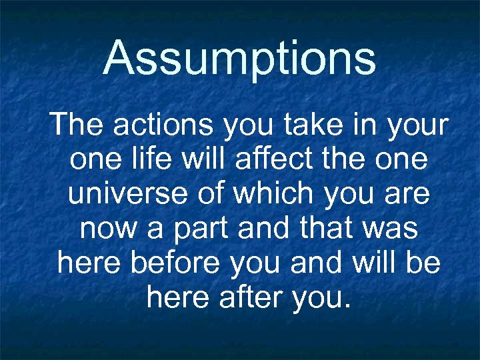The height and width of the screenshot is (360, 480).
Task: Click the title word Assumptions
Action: tap(239, 59)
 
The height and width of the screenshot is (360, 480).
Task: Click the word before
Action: tap(175, 263)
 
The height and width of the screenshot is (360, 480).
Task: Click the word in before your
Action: tap(367, 125)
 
